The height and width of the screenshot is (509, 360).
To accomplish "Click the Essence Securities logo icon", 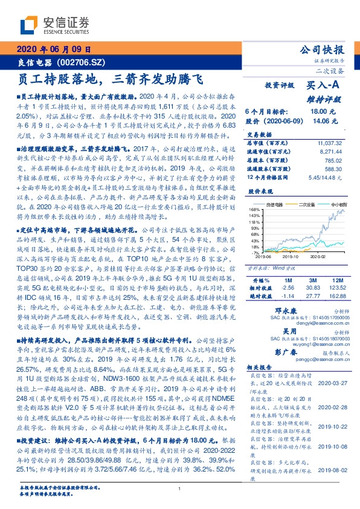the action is coord(31,25).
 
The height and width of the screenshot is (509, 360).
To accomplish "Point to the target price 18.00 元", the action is coord(319,112).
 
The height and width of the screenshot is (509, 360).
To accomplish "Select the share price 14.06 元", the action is coord(319,121).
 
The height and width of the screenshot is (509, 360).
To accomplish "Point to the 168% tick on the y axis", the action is coord(254,210).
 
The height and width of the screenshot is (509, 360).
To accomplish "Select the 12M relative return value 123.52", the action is coord(335,288).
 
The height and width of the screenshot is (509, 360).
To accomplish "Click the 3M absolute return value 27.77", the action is coord(312,296).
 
